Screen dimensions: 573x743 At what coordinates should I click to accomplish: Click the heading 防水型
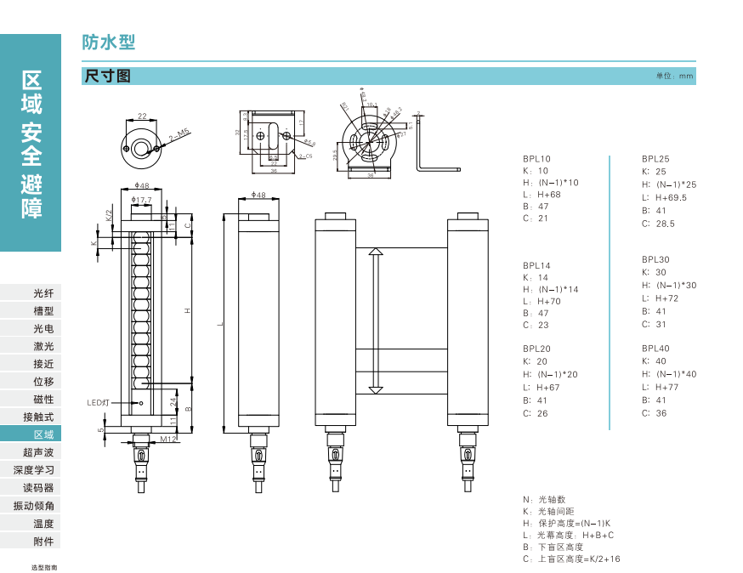pos(109,43)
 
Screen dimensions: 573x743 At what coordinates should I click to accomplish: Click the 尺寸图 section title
pos(107,76)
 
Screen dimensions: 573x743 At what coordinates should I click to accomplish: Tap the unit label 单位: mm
pos(675,77)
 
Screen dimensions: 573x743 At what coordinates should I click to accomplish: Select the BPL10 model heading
pos(536,159)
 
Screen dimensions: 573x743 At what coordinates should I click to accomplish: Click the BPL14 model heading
pos(536,265)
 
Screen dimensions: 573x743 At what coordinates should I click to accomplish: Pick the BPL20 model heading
pos(536,349)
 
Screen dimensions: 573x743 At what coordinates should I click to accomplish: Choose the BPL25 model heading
pos(655,159)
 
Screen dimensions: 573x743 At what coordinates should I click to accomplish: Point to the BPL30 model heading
pos(655,259)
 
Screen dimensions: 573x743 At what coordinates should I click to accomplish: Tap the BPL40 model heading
pos(655,349)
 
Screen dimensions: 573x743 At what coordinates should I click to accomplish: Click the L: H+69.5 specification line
pos(664,198)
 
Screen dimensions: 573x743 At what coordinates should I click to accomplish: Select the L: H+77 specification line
pos(660,388)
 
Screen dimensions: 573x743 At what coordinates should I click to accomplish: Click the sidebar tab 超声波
pos(38,452)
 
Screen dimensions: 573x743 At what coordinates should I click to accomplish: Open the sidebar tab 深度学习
pos(34,470)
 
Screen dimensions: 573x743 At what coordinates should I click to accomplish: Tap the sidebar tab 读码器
pos(38,488)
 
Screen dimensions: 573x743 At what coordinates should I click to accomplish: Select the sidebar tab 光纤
pos(43,293)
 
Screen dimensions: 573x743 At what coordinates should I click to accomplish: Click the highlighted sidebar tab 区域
pos(43,434)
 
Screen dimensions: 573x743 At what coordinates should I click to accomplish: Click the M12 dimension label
pos(167,440)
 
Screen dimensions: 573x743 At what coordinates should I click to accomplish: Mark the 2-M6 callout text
pos(179,134)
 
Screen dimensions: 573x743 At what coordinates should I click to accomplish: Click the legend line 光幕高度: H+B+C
pos(568,536)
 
